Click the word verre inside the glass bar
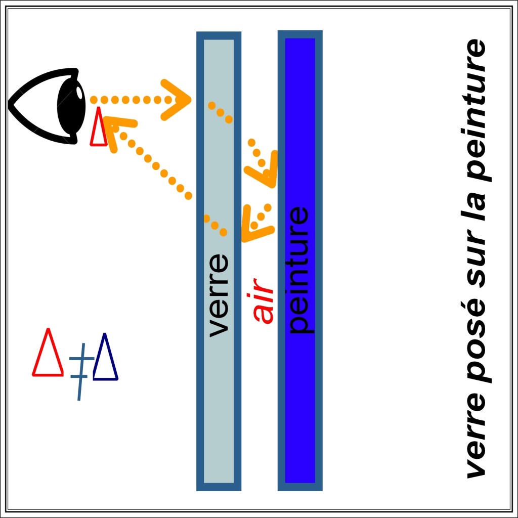point(219,295)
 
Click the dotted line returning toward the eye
point(157,167)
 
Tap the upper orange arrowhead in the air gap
point(264,167)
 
